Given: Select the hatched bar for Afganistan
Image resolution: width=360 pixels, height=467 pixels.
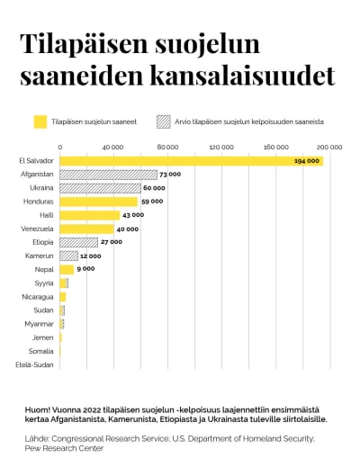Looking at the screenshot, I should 108,174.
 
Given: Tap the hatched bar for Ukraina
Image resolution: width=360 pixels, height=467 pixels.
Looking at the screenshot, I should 100,188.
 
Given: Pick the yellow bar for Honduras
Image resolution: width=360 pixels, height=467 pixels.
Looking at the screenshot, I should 99,202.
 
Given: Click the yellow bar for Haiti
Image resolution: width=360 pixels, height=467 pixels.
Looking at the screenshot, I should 89,215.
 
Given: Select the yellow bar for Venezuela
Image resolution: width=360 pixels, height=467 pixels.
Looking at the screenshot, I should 86,229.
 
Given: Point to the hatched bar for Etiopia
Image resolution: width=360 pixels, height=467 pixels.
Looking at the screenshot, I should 78,242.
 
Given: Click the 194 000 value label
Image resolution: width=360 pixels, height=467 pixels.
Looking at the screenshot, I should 306,160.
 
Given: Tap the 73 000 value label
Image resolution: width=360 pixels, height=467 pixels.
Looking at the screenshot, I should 169,174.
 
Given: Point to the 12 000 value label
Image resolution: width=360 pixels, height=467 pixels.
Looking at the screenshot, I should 89,256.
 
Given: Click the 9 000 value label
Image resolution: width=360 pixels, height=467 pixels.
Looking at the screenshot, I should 85,269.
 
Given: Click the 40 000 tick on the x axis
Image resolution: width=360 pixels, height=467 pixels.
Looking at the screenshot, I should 113,146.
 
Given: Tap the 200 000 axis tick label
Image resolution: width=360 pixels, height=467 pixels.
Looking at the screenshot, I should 329,146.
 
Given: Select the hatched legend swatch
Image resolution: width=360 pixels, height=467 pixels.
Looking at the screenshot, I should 163,121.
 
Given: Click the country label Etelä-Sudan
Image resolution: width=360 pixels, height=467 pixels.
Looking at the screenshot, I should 35,364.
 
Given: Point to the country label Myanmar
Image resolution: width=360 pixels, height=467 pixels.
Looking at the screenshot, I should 40,323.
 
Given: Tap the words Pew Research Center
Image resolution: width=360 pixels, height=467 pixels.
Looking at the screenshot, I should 65,447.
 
